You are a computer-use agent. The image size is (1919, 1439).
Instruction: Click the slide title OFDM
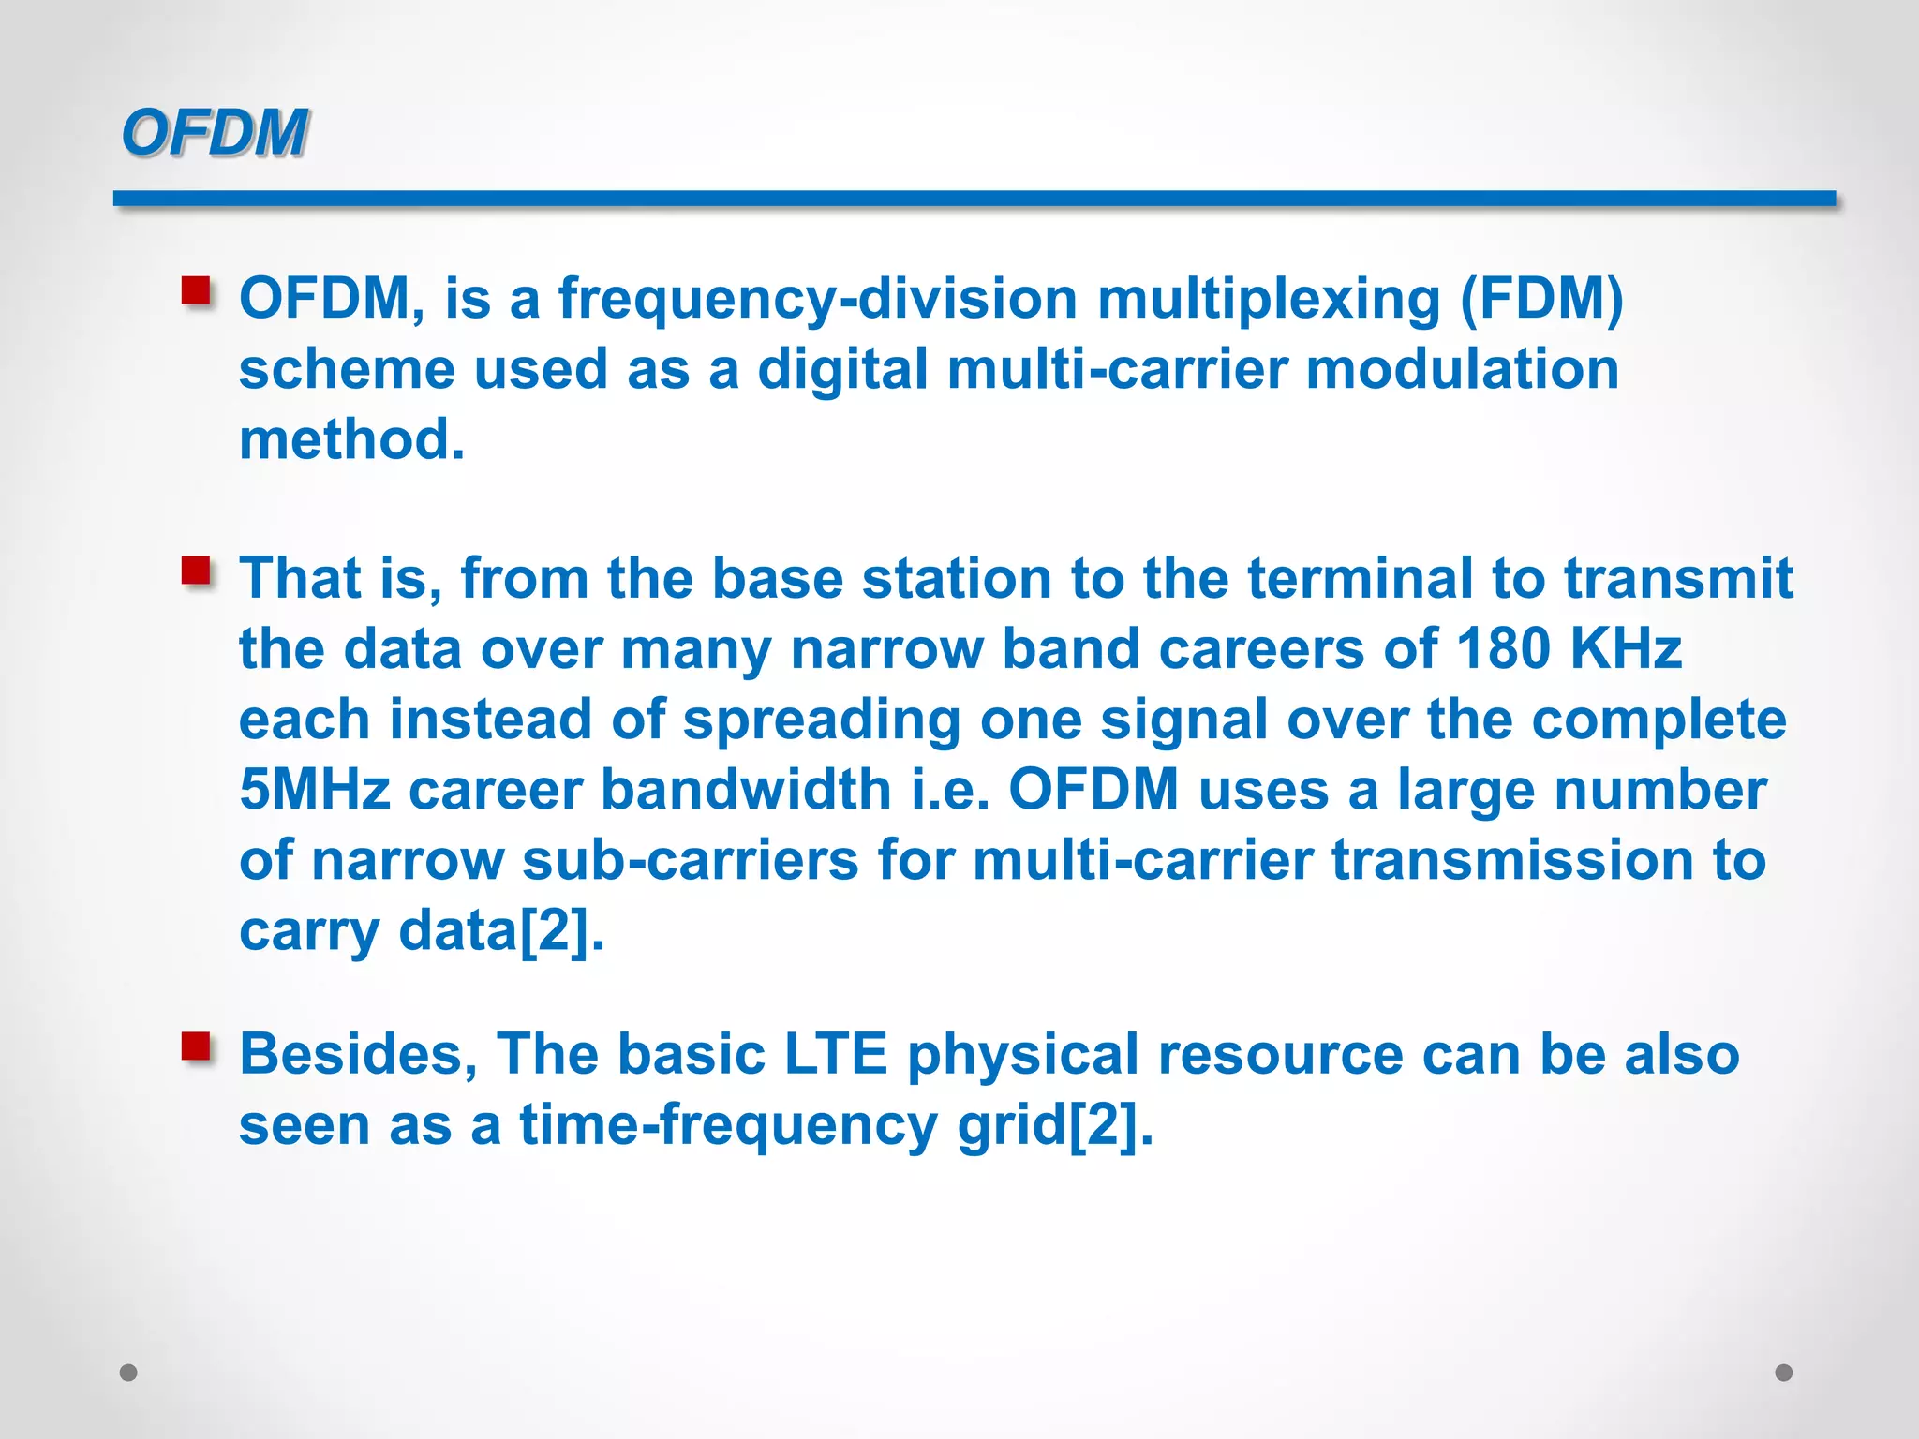(x=214, y=132)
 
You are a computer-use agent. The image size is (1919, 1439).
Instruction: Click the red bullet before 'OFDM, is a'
(x=196, y=290)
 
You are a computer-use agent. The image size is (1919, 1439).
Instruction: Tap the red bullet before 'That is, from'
(x=196, y=570)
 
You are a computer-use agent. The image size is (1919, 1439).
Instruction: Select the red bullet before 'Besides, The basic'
(x=196, y=1046)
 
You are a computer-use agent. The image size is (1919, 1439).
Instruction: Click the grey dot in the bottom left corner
(x=129, y=1372)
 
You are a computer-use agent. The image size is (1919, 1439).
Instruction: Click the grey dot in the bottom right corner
(x=1784, y=1372)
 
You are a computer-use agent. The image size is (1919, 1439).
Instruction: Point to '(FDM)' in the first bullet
(x=1541, y=300)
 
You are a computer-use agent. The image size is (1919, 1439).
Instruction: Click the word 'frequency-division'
(x=817, y=300)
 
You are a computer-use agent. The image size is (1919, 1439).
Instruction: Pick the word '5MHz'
(x=314, y=789)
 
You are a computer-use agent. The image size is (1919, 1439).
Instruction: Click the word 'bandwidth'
(x=745, y=789)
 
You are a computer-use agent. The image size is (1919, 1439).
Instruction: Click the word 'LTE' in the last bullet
(x=835, y=1054)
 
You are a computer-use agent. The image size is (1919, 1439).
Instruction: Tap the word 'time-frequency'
(x=728, y=1124)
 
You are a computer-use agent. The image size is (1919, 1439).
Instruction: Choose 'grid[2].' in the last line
(x=1055, y=1124)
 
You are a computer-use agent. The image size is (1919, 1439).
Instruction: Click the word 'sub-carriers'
(x=690, y=860)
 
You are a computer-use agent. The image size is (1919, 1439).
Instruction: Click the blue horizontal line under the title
(x=974, y=199)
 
